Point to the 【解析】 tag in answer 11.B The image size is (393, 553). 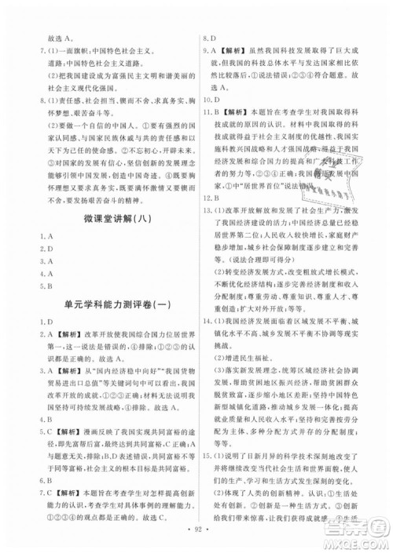click(233, 113)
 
